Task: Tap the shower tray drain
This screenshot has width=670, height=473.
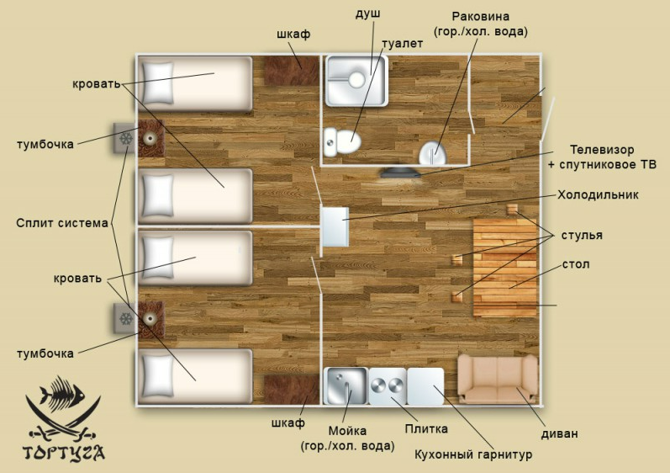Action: click(356, 80)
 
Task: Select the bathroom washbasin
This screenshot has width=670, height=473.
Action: click(432, 153)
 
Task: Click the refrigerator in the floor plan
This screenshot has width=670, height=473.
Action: click(335, 226)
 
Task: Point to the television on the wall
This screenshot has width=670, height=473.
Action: click(400, 173)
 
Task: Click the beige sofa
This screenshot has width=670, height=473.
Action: click(498, 379)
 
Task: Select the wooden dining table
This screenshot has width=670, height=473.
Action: click(504, 268)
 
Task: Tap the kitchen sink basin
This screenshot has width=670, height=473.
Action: click(346, 385)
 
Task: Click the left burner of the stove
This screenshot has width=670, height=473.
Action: click(378, 386)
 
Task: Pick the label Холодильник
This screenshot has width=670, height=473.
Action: click(598, 195)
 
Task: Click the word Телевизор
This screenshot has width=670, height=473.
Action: click(602, 150)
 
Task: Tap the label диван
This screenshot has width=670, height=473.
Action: click(559, 433)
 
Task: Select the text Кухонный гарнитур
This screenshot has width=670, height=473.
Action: click(473, 454)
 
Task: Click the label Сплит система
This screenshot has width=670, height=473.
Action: click(62, 223)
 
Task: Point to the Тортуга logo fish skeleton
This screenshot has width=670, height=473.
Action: click(62, 392)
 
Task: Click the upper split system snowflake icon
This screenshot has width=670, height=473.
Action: click(125, 138)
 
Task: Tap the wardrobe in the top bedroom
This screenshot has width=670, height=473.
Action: click(292, 71)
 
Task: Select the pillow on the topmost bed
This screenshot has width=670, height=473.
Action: click(158, 83)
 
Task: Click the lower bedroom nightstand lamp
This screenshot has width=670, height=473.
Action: click(150, 319)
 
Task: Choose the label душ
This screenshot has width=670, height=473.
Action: click(368, 13)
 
